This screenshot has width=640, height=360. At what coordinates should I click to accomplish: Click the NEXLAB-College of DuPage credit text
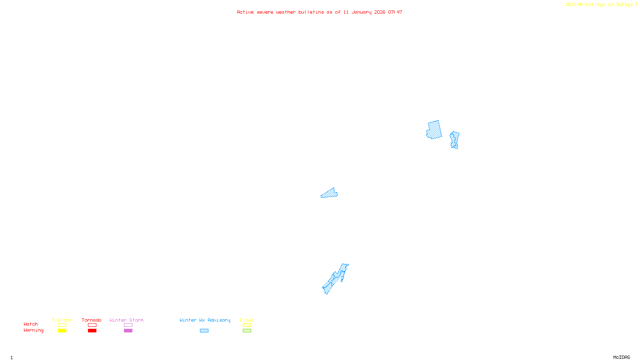pyautogui.click(x=600, y=5)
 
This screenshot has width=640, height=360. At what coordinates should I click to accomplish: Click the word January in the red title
pyautogui.click(x=361, y=12)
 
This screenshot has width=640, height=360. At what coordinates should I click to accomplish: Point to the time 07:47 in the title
pyautogui.click(x=395, y=12)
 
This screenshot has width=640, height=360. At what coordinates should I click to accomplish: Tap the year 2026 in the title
pyautogui.click(x=380, y=12)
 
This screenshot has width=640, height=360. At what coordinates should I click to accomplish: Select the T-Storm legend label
pyautogui.click(x=62, y=320)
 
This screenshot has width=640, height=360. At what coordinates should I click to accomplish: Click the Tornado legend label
pyautogui.click(x=92, y=320)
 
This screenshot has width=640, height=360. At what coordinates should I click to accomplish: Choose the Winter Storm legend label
pyautogui.click(x=126, y=320)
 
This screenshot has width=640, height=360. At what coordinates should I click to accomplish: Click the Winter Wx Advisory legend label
pyautogui.click(x=205, y=320)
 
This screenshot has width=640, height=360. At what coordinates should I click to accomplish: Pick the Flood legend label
pyautogui.click(x=247, y=320)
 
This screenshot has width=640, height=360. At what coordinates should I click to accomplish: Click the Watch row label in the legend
pyautogui.click(x=31, y=324)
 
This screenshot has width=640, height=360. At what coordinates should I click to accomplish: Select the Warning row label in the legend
pyautogui.click(x=33, y=330)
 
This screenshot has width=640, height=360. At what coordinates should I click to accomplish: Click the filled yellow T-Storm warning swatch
pyautogui.click(x=62, y=331)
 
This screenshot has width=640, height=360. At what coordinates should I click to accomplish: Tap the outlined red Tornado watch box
pyautogui.click(x=92, y=325)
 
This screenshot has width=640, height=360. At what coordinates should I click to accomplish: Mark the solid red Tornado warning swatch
pyautogui.click(x=92, y=331)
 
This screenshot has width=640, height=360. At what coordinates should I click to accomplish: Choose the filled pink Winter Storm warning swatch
pyautogui.click(x=128, y=331)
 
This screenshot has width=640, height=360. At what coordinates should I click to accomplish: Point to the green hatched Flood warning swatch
pyautogui.click(x=247, y=331)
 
